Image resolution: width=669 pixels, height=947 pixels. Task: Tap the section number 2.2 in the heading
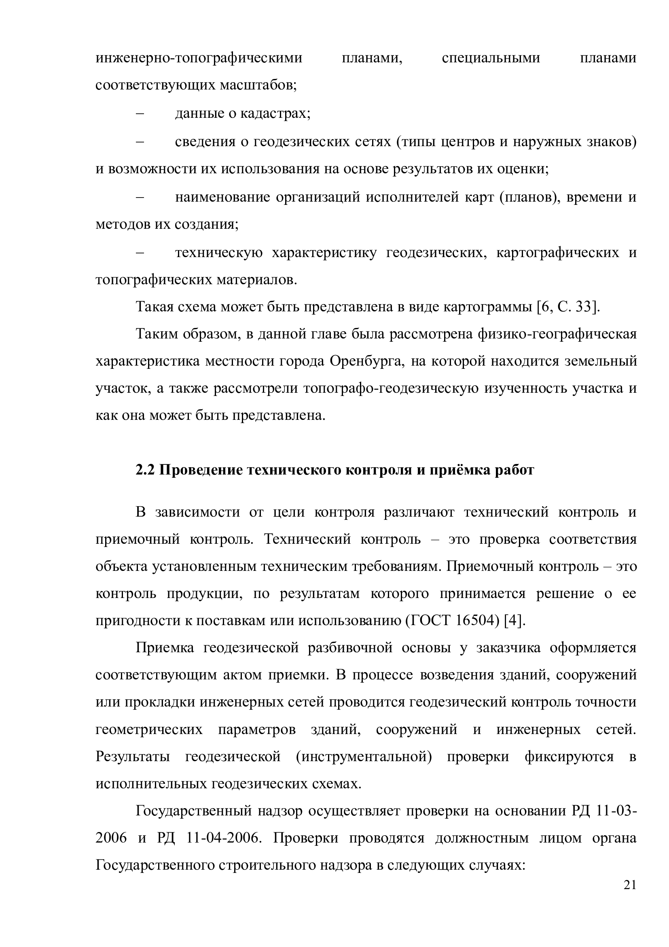[x=145, y=470]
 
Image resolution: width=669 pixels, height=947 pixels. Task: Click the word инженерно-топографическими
[x=199, y=58]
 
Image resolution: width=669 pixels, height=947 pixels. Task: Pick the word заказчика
[x=508, y=648]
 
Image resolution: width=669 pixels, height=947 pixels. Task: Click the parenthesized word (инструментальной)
[x=364, y=757]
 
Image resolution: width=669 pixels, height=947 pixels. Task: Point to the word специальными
[x=491, y=58]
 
